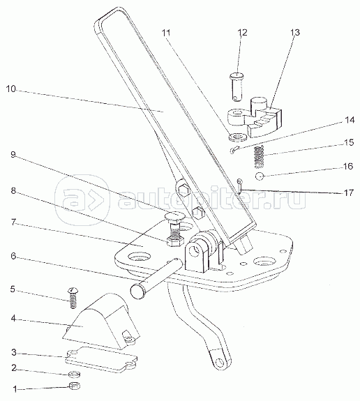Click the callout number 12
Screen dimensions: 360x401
coord(242,33)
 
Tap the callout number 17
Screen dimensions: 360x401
coord(348,192)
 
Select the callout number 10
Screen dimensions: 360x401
coord(11,89)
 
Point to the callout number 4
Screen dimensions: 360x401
coord(13,319)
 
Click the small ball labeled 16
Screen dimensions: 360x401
coord(260,176)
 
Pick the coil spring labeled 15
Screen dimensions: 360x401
coord(259,157)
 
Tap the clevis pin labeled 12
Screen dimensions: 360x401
coord(237,87)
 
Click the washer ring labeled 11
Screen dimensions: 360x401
coord(238,137)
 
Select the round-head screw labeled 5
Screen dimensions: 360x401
coord(73,298)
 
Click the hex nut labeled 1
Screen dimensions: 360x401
coord(75,386)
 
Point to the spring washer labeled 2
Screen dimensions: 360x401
coord(75,374)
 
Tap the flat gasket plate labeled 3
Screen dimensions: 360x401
coord(101,359)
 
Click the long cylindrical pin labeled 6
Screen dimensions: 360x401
coord(156,278)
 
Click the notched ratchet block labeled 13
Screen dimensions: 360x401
coord(256,116)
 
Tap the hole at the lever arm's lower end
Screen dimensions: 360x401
coord(219,362)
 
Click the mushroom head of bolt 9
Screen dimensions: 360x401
coord(174,216)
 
